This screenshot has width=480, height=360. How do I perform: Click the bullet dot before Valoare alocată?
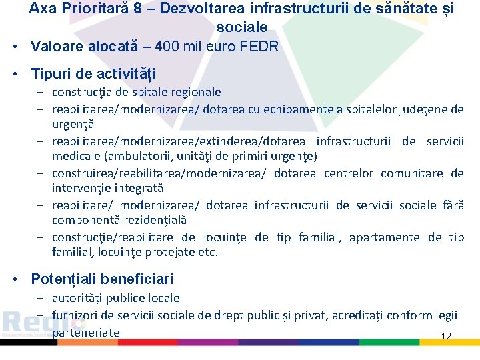click(14, 47)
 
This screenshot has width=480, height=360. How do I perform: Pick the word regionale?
click(193, 92)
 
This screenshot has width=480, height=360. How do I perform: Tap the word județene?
click(423, 109)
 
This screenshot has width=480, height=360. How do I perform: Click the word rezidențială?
click(153, 220)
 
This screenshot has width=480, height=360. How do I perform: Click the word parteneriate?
click(86, 332)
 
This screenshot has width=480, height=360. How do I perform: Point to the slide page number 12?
click(446, 337)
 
